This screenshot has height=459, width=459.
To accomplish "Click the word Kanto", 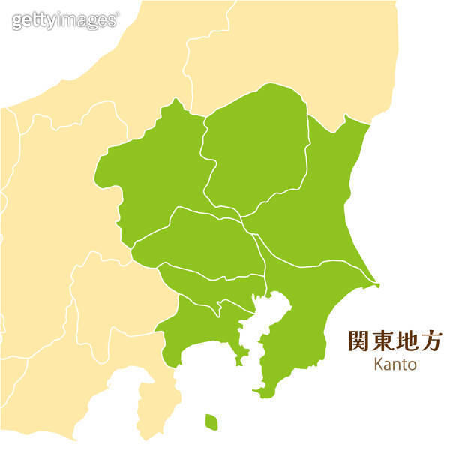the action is (x=394, y=364).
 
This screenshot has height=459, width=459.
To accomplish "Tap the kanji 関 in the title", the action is (x=359, y=340).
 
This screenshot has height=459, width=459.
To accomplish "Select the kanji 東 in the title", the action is (x=384, y=340).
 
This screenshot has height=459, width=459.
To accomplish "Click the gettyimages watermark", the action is (x=65, y=20).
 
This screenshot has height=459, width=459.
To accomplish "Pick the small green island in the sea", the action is (x=211, y=422).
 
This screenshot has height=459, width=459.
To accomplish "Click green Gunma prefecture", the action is (x=154, y=176).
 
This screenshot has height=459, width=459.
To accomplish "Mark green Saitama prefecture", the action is (x=202, y=240).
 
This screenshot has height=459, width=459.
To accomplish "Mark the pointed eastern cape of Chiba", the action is (x=376, y=284).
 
